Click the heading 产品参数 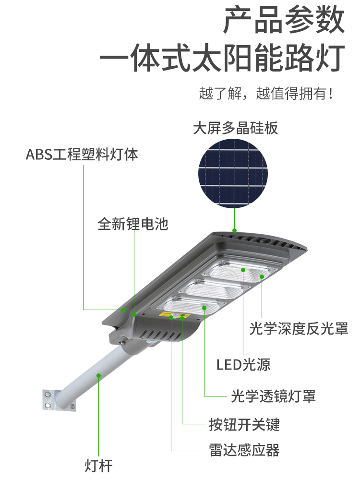pos(284,20)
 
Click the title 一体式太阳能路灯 pos(223,58)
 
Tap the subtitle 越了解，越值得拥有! pos(266,94)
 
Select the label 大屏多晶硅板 pos(235,128)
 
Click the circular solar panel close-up pos(233,173)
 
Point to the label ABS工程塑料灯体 pos(82,154)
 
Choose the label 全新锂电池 pos(133,224)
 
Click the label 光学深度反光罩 pos(299,328)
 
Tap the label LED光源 pos(243,365)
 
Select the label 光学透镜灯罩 pos(273,396)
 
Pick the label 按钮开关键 pos(244,424)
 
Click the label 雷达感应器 pos(244,450)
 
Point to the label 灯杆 pos(98,466)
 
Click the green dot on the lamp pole pos(98,375)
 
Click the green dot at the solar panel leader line pos(235,230)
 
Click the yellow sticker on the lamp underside pos(167,314)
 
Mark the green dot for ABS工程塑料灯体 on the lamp pos(123,310)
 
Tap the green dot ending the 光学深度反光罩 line pos(262,277)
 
